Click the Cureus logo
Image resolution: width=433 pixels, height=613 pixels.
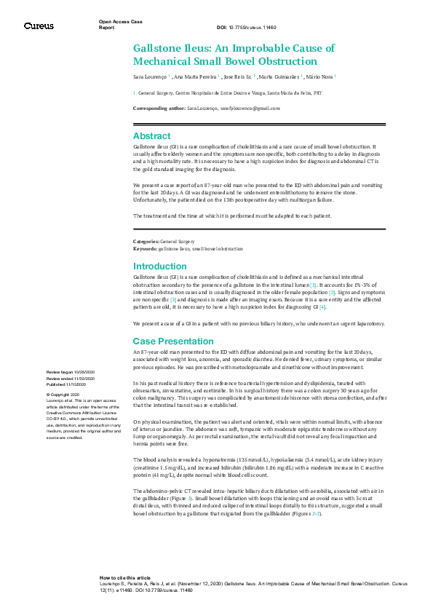pos(38,26)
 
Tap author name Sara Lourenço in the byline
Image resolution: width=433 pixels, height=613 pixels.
pos(149,76)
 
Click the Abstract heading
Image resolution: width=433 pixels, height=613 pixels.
pos(151,136)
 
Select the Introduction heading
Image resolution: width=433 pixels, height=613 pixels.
pos(160,266)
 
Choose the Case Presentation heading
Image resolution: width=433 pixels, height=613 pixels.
pos(173,341)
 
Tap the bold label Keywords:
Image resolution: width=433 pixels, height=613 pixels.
pos(145,248)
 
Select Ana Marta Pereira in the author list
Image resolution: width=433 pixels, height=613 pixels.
pos(195,76)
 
